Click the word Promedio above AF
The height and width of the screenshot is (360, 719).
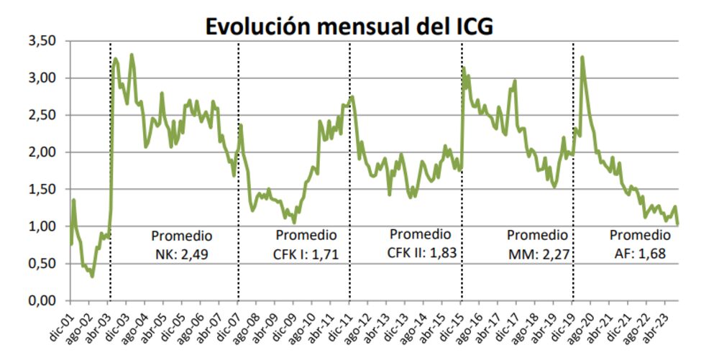click(x=640, y=235)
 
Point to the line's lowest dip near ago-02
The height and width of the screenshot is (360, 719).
click(x=92, y=276)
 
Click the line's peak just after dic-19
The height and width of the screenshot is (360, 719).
click(x=581, y=57)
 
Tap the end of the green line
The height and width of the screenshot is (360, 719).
click(x=677, y=224)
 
